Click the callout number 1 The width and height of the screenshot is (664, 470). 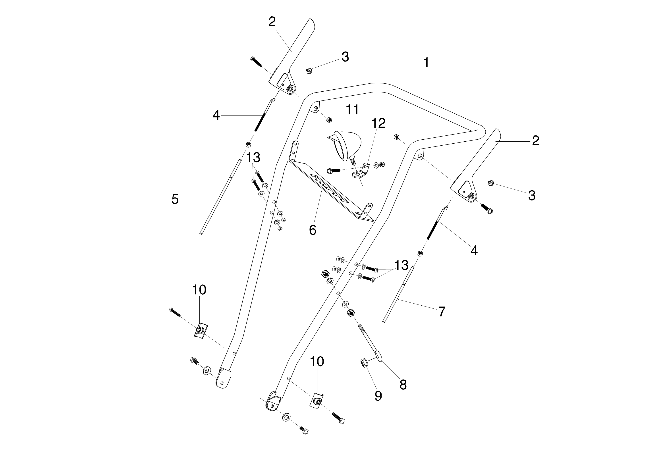tap(426, 63)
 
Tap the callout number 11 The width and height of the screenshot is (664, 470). tap(352, 110)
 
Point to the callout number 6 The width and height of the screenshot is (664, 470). tap(313, 230)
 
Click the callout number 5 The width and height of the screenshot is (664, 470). tap(175, 199)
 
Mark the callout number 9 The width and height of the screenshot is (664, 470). tap(378, 396)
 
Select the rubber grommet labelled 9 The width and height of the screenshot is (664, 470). tap(364, 363)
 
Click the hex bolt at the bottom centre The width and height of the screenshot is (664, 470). tap(304, 431)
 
